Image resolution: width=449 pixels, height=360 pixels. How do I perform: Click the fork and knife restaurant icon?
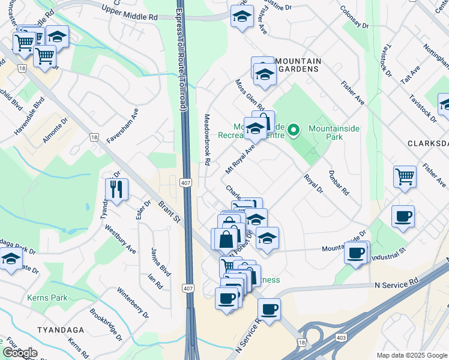pyautogui.click(x=116, y=190)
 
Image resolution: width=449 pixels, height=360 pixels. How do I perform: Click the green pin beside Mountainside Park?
pyautogui.click(x=294, y=129)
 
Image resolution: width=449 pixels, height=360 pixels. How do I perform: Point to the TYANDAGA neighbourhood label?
pyautogui.click(x=59, y=331)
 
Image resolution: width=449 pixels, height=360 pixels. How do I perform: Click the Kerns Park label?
pyautogui.click(x=47, y=298)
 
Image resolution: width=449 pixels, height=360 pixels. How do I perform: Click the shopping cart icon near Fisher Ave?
pyautogui.click(x=405, y=177)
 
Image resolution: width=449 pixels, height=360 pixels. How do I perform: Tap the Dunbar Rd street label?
pyautogui.click(x=339, y=182)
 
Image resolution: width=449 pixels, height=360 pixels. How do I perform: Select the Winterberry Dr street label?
pyautogui.click(x=133, y=303)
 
